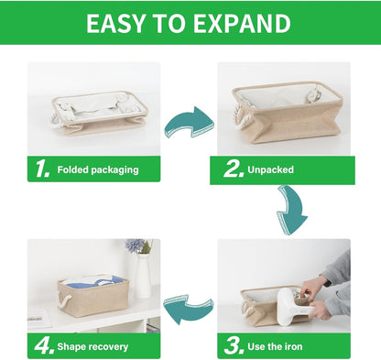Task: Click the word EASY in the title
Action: point(119,24)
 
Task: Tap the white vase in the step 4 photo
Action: point(143,276)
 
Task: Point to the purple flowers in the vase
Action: point(136,247)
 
